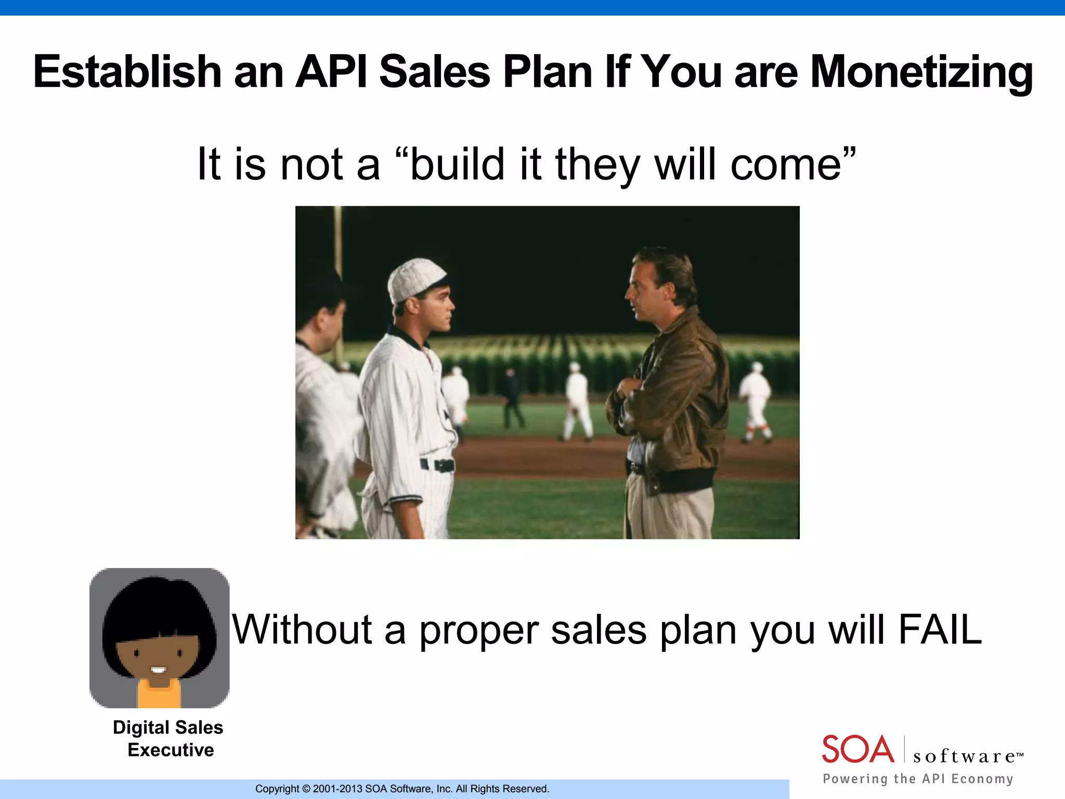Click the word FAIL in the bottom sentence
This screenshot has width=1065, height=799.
pos(940,629)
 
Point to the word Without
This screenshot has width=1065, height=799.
pos(302,629)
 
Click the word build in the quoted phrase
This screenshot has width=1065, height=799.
pos(457,163)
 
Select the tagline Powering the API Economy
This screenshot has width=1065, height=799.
pos(918,779)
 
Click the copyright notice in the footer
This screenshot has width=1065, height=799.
pos(402,789)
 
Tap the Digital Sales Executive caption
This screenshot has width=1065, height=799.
pos(168,739)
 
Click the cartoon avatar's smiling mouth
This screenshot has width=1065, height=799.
pos(158,670)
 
